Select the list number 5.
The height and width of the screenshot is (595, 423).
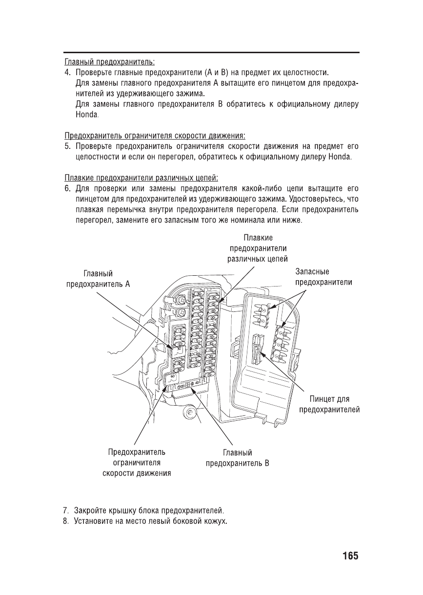click(x=68, y=146)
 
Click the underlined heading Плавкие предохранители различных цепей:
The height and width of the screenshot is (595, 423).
click(x=141, y=177)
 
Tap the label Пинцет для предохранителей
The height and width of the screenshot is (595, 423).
click(x=329, y=404)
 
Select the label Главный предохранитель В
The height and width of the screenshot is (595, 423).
click(x=237, y=458)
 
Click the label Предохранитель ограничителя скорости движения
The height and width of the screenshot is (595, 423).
click(x=136, y=462)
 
